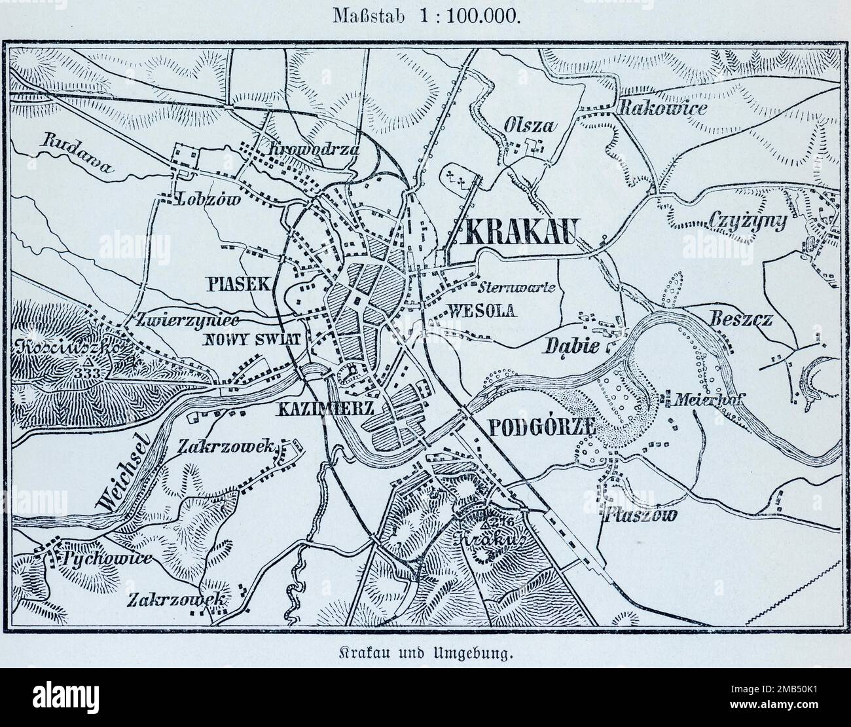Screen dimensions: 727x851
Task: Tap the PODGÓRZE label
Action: [541, 426]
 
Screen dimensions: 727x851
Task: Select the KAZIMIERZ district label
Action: [325, 410]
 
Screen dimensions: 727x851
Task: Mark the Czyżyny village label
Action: [748, 222]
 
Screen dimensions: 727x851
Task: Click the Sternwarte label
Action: [517, 287]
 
